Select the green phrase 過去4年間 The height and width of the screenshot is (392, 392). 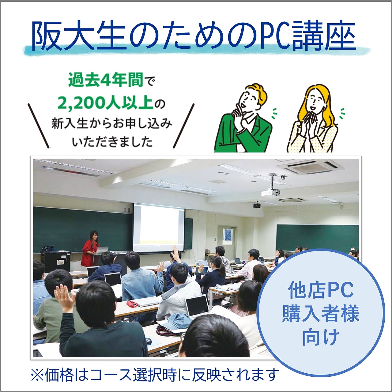(106, 81)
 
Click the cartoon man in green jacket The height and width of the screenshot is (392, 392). (243, 119)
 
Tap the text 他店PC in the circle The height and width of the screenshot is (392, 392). (321, 291)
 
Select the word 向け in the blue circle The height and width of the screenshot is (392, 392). (321, 337)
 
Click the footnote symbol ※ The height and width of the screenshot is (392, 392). (37, 375)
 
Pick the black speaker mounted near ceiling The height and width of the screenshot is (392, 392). (257, 205)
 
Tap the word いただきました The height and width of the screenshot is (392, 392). (112, 142)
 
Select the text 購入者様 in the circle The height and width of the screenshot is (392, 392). (321, 314)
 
